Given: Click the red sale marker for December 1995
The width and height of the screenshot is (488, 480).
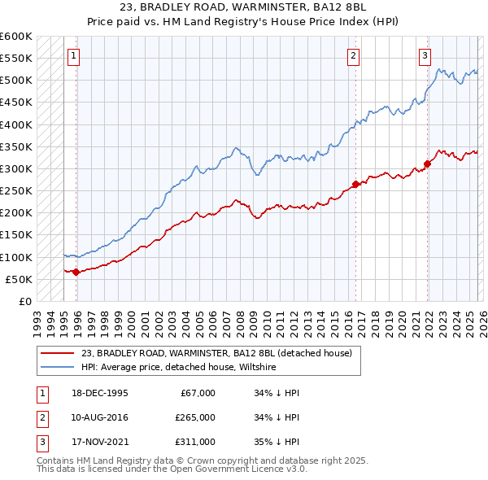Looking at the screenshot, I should click(x=76, y=272).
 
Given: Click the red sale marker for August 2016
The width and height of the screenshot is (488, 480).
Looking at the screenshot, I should click(x=355, y=184).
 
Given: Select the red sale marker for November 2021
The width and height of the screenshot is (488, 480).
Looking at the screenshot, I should click(x=426, y=164).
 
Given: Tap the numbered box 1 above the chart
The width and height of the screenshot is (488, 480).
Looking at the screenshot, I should click(x=73, y=56).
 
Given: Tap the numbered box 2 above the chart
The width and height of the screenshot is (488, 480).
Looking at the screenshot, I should click(x=354, y=56).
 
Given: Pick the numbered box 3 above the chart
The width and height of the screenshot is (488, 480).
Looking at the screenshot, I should click(x=425, y=56).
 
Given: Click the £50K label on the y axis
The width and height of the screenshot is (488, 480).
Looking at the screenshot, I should click(x=20, y=279).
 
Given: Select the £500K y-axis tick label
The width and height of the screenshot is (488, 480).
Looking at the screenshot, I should click(x=16, y=81).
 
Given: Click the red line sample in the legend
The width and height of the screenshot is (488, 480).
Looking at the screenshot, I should click(x=57, y=353).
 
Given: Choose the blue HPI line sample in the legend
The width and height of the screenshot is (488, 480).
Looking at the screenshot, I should click(x=57, y=368).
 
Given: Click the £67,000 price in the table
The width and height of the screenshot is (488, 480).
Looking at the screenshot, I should click(x=195, y=392).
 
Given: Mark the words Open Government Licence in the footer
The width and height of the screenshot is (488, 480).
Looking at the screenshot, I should click(x=253, y=470).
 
